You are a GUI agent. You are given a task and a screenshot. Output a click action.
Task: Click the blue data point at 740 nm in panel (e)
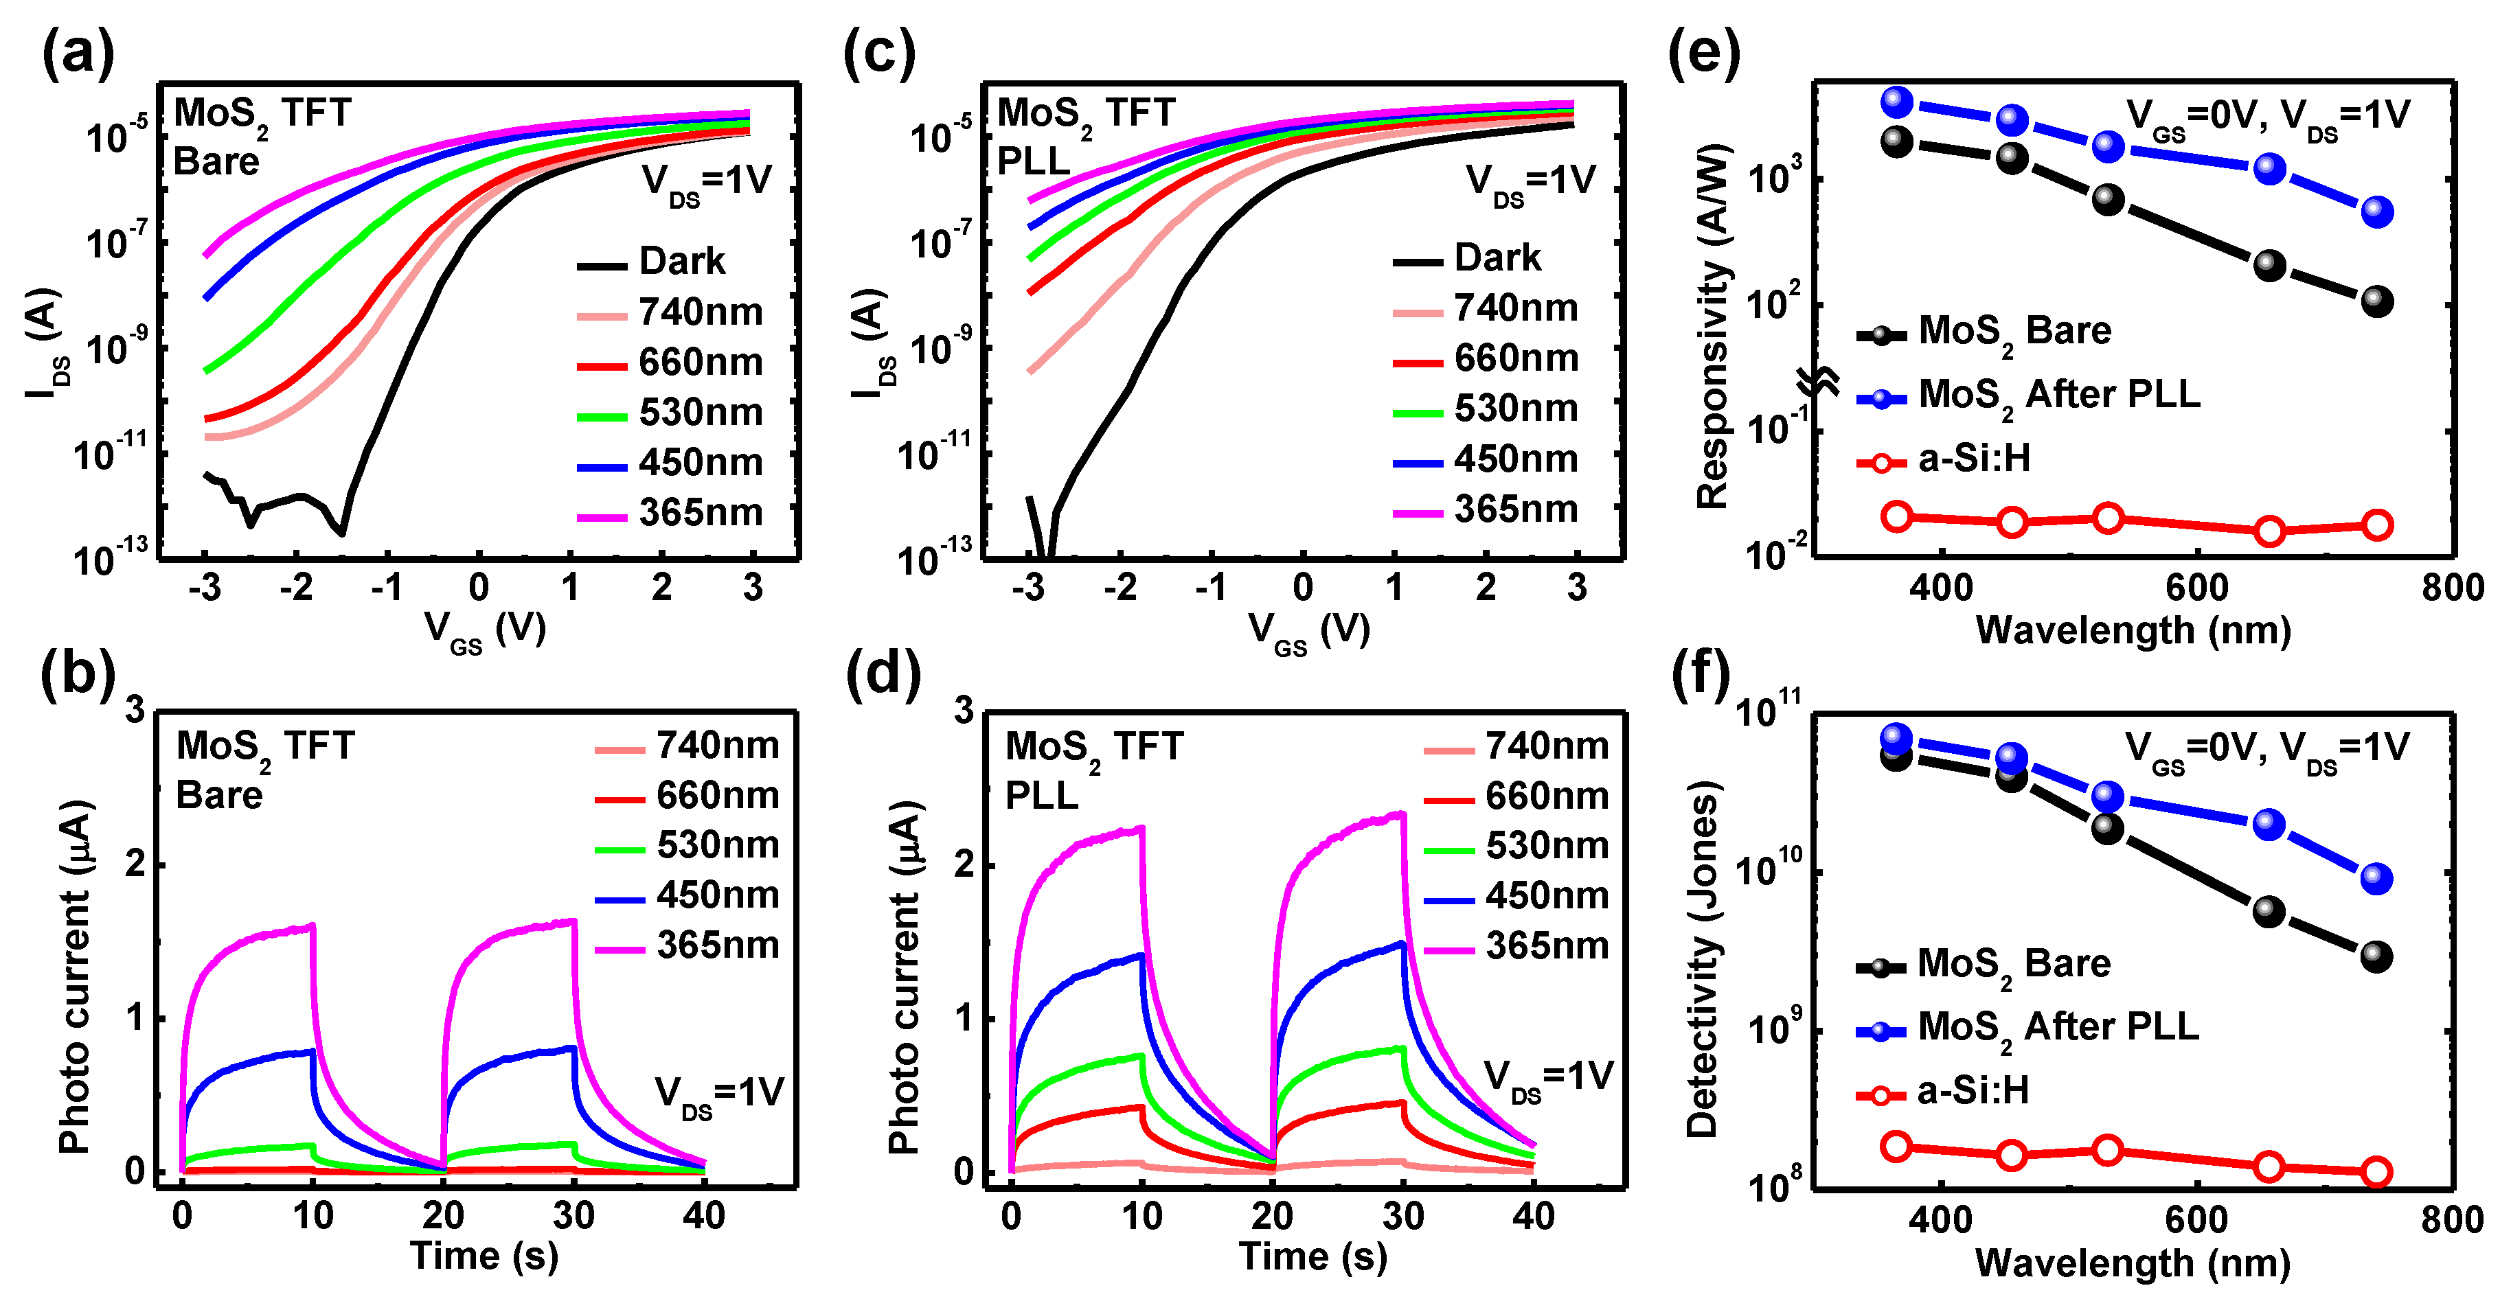2376,211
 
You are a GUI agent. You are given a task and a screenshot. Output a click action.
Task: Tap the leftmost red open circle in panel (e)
1896,516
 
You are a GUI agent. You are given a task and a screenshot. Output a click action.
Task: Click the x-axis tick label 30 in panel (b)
573,1215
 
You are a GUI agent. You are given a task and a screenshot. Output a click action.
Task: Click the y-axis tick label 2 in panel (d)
963,864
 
